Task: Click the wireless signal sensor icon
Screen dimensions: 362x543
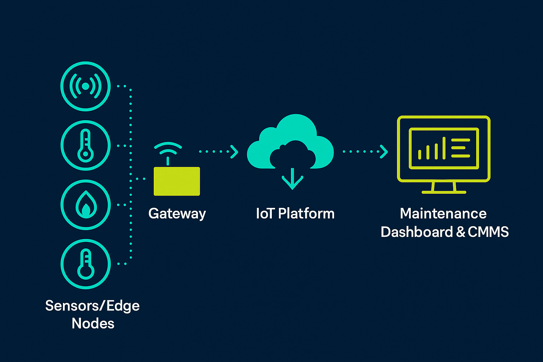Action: pos(86,86)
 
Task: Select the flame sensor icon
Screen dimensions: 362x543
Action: pos(86,205)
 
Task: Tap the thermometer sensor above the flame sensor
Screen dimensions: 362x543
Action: pos(86,146)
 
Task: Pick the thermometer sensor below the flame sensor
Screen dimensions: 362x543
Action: pos(86,264)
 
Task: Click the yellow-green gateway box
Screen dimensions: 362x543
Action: pos(177,181)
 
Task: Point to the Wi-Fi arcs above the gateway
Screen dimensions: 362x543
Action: pos(168,148)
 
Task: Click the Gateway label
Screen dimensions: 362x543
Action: pos(177,214)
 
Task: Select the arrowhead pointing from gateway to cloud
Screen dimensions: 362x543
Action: pos(234,152)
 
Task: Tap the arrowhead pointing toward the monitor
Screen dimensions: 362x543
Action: pos(384,152)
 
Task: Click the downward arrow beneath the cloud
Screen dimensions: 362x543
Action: pos(292,179)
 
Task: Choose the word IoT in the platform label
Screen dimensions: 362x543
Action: pos(265,214)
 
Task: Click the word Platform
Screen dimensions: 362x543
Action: pos(306,214)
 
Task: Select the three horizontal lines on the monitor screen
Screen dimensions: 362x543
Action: pos(461,148)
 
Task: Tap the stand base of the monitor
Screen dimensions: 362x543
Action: pos(444,192)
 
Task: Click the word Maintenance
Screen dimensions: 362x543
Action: pos(443,214)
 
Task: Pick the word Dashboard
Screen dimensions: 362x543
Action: pos(416,232)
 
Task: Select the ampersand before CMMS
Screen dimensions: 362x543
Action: pos(460,232)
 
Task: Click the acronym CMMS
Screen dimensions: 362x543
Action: pos(488,232)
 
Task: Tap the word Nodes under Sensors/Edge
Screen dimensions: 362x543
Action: pos(93,323)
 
